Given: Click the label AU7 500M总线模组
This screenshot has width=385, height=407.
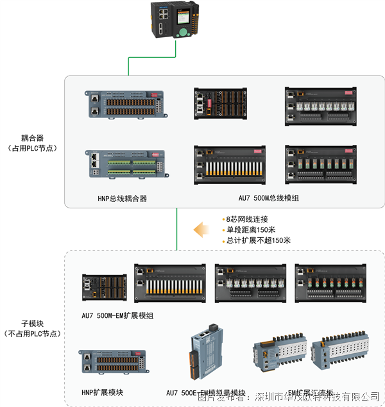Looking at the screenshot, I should pos(269,199).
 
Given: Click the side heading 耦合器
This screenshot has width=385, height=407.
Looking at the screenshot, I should pos(31,138).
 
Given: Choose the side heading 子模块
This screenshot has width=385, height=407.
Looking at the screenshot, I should pos(31,324).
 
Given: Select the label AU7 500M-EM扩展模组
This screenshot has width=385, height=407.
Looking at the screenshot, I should pos(117,315).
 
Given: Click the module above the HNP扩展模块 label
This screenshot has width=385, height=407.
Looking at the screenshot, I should pos(112,362).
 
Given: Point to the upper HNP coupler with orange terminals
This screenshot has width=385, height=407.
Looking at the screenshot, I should pos(126,104).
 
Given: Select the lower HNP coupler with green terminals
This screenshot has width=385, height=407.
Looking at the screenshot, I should pos(126,163).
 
